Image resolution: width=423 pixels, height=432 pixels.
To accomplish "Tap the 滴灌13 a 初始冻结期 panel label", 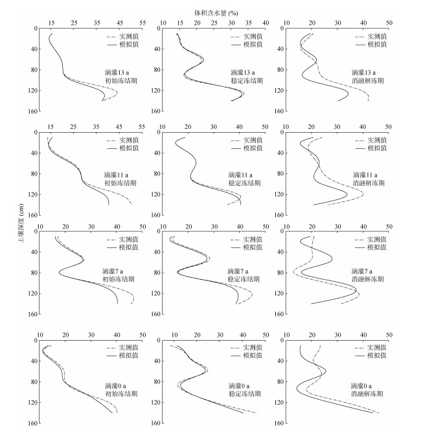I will (120, 76).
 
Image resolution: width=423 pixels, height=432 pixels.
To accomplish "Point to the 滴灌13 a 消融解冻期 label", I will (368, 76).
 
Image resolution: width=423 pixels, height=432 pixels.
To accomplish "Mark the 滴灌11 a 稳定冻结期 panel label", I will (244, 179).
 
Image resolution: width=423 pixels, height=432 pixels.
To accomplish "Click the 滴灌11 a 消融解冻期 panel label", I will (369, 179).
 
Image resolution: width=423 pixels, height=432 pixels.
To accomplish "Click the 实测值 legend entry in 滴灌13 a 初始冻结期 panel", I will (128, 37).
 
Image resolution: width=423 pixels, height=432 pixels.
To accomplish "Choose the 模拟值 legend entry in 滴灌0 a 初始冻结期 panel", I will (127, 357).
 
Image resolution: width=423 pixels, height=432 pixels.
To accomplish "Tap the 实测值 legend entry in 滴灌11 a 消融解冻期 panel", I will (376, 140).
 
